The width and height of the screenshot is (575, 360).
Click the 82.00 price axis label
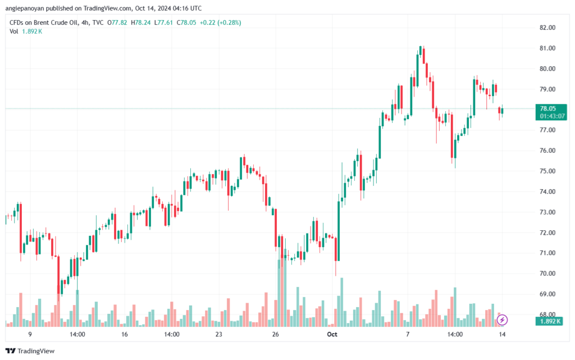click(x=547, y=28)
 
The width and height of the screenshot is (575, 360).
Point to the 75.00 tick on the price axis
click(x=547, y=171)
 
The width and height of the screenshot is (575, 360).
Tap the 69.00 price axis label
click(x=547, y=294)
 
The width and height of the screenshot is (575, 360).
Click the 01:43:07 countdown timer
click(x=552, y=116)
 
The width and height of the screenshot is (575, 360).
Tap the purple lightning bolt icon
click(x=503, y=320)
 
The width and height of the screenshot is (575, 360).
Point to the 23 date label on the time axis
click(x=218, y=334)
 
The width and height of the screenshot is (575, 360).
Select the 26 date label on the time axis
click(x=275, y=334)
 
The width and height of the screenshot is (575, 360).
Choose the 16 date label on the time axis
click(x=125, y=334)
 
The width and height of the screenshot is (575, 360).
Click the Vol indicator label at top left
click(x=14, y=31)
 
